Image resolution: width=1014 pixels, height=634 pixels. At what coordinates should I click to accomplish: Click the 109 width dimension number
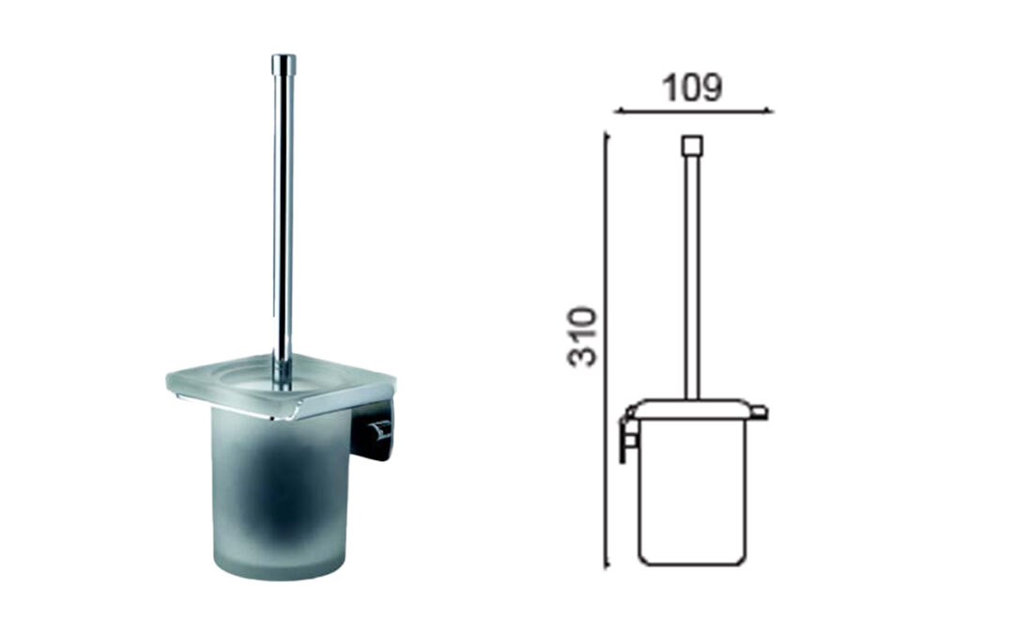691,87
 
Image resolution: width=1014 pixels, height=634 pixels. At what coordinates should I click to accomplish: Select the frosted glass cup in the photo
281,495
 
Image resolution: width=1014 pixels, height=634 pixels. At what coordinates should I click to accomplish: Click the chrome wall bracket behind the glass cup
373,430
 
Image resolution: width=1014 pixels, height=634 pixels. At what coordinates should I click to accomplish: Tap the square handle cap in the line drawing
692,145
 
